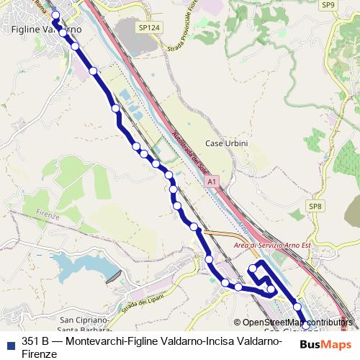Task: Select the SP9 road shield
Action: point(328,5)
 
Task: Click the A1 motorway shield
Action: point(212,184)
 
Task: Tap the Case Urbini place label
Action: point(226,143)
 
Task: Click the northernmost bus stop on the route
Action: point(55,14)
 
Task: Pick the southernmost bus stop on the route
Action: point(306,325)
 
